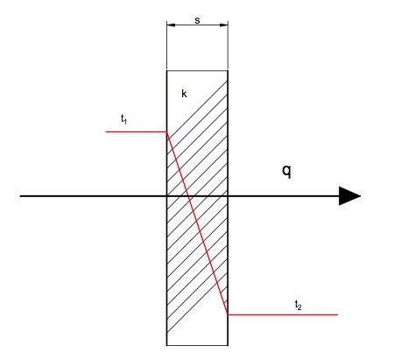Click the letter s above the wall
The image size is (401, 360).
197,20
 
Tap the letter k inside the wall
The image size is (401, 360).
184,94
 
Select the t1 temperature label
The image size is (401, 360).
123,119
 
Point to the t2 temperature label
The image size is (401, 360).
298,305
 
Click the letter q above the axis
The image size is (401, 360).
286,171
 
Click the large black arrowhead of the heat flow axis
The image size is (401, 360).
349,196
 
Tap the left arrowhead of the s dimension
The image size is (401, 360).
171,25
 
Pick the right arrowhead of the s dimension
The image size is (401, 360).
223,25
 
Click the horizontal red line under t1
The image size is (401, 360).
137,132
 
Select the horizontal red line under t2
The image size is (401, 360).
283,314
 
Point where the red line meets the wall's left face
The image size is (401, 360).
167,132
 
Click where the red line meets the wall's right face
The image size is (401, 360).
228,314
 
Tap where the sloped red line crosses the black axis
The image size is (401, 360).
188,196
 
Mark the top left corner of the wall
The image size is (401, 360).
167,70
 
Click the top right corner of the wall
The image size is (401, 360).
228,70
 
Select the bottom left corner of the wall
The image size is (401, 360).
167,345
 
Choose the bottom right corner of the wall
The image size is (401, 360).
228,345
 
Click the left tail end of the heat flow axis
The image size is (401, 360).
20,196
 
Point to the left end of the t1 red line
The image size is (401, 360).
106,132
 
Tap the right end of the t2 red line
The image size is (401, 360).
338,314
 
